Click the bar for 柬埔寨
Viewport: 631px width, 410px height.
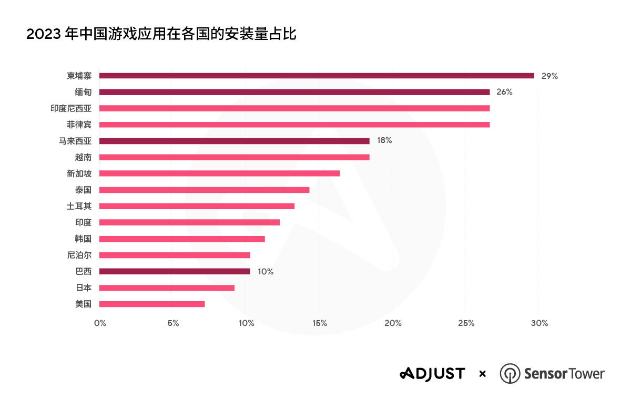(x=317, y=76)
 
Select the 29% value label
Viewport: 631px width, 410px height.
(x=549, y=76)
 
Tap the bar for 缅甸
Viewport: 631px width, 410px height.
(x=294, y=92)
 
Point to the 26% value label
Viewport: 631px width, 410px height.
(x=504, y=92)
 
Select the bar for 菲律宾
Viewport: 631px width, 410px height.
(x=294, y=125)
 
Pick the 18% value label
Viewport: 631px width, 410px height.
(x=384, y=141)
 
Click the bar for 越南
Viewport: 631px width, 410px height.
(x=234, y=157)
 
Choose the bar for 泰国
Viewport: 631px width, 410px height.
(x=204, y=190)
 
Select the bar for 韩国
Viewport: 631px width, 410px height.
(x=182, y=239)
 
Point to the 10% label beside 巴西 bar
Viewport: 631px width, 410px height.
(x=266, y=272)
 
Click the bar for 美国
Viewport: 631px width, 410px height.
(x=152, y=304)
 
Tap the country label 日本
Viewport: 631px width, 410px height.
(x=83, y=288)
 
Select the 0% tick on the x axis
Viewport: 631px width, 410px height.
(x=100, y=323)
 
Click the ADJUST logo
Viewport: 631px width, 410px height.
(x=432, y=374)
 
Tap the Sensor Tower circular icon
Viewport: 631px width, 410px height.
(x=510, y=374)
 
